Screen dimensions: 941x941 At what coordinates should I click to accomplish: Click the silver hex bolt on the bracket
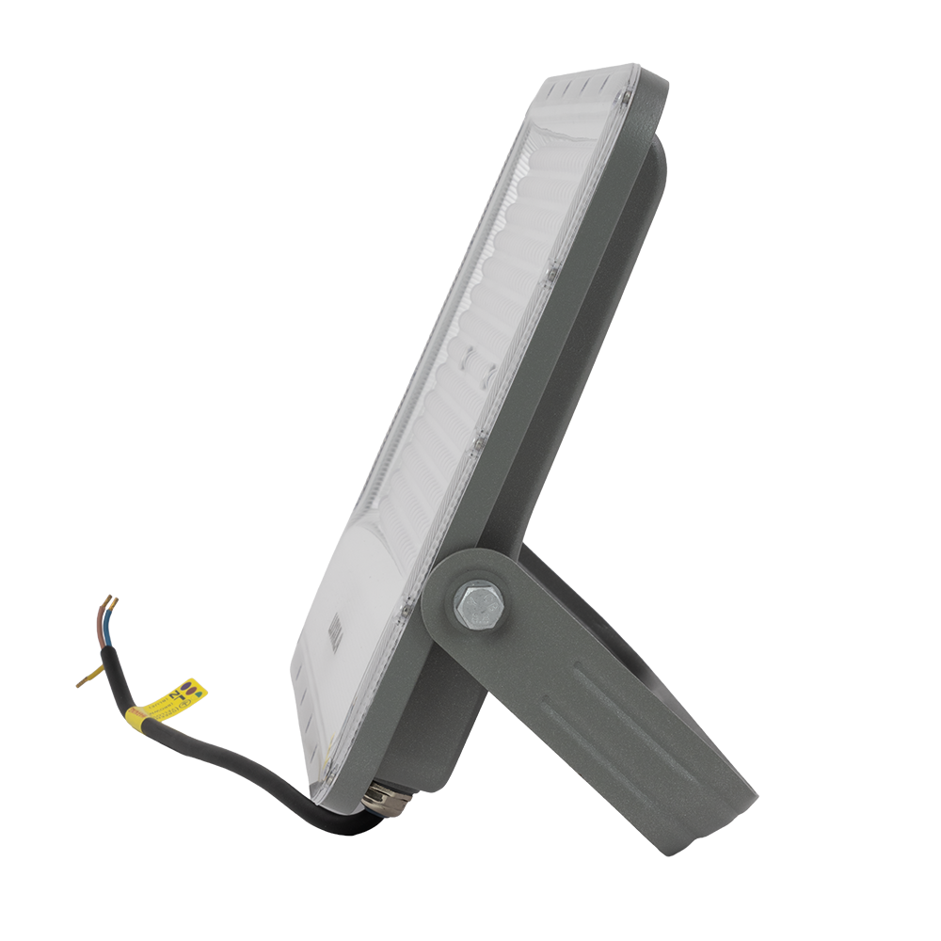click(x=479, y=605)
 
